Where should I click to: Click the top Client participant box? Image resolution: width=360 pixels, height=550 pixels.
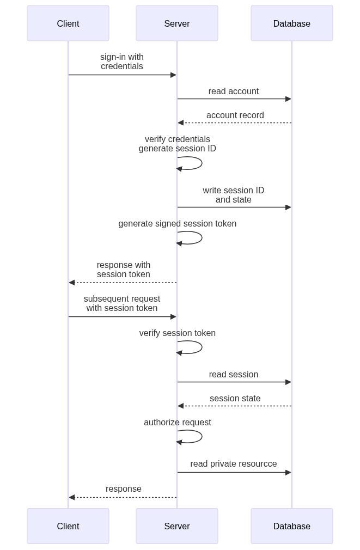point(68,23)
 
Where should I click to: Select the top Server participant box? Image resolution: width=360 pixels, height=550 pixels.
point(177,23)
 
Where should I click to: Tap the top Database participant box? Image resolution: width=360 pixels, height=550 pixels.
point(291,23)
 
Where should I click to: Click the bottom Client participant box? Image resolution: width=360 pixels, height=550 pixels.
point(68,526)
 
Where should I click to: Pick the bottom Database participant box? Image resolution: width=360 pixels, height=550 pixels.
point(291,526)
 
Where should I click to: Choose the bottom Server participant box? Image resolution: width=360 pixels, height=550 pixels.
point(177,526)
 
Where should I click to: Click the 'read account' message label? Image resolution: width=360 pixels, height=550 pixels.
point(233,91)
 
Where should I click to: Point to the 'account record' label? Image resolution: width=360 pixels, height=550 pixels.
point(235,115)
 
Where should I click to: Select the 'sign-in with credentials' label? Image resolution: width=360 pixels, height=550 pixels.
point(122,62)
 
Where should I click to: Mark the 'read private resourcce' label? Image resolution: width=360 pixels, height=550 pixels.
point(233,464)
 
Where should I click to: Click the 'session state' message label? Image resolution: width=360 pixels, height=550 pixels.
point(235,399)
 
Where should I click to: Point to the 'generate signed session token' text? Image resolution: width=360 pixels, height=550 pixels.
point(177,223)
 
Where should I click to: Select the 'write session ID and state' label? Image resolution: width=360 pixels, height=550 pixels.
point(233,194)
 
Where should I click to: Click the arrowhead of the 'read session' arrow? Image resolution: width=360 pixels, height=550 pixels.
point(289,382)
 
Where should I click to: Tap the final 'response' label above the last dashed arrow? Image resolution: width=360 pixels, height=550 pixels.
point(124,488)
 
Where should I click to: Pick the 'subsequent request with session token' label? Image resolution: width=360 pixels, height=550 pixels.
point(122,303)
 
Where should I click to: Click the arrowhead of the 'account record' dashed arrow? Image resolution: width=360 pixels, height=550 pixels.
point(180,123)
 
